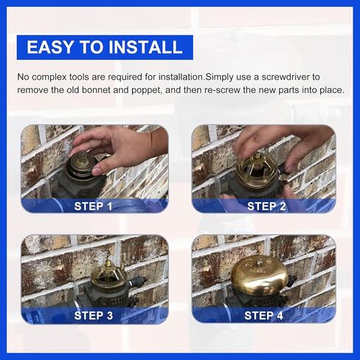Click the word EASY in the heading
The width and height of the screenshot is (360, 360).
(52, 48)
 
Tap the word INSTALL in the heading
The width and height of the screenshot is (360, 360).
(145, 48)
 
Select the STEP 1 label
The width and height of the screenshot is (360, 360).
(94, 206)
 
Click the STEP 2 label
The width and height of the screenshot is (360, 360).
(266, 206)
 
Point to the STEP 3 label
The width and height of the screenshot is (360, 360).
(94, 316)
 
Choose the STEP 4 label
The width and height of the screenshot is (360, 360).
(266, 316)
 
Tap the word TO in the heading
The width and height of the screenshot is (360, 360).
(94, 48)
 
